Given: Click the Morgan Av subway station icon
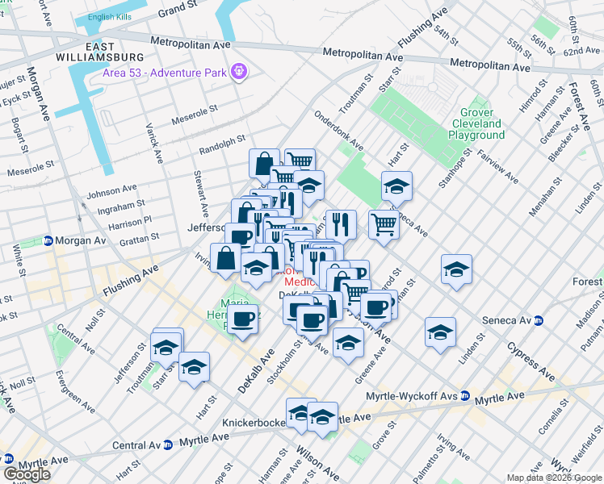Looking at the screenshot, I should click(48, 241).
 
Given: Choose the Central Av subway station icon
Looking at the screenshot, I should click(167, 444).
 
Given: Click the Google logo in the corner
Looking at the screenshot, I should click(27, 474).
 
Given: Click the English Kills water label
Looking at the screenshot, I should click(113, 17).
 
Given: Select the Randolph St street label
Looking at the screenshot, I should click(222, 145).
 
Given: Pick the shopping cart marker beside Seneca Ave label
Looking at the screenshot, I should click(384, 223).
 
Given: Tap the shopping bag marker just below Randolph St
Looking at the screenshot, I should click(264, 163).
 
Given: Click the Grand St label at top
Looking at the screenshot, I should click(178, 10).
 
